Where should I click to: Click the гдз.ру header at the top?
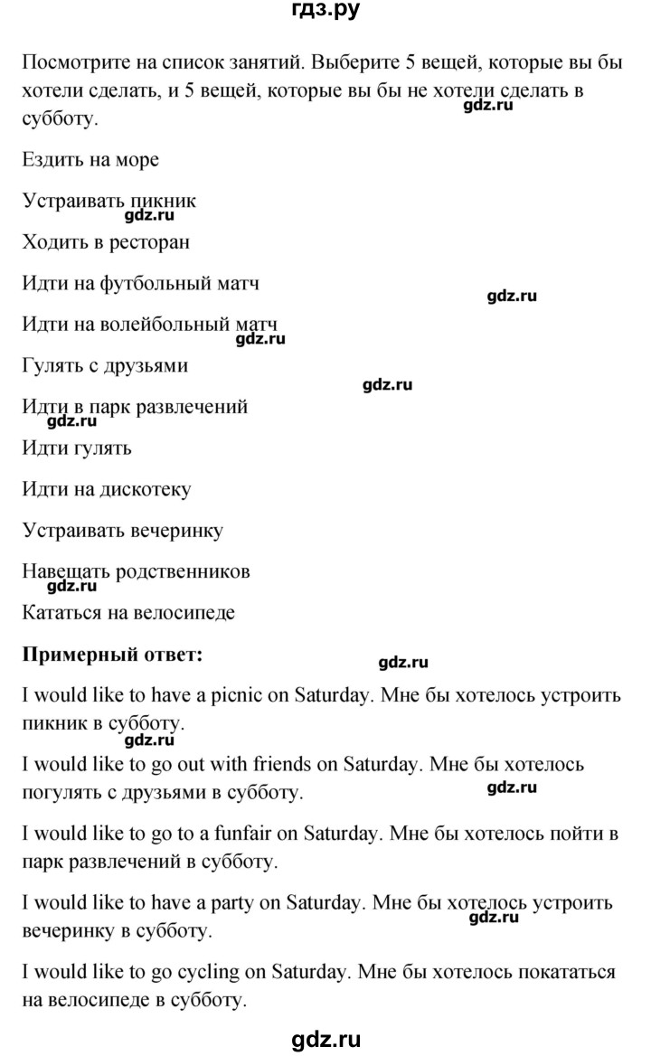(x=325, y=13)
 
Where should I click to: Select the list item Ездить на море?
(x=89, y=160)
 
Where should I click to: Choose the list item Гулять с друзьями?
(x=104, y=366)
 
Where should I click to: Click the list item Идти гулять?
(x=75, y=448)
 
